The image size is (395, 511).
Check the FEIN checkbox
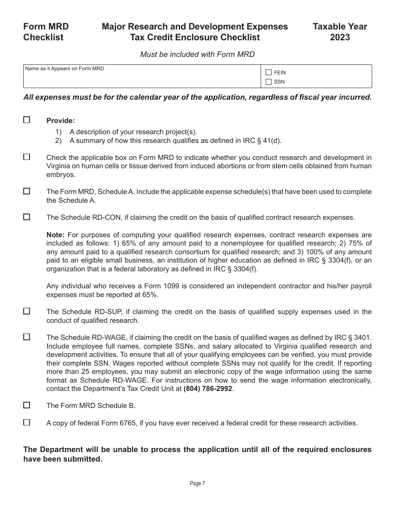(x=269, y=72)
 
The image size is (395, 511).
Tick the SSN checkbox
(x=269, y=82)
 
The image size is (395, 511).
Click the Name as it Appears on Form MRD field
(x=142, y=76)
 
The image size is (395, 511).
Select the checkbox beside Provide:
(x=27, y=120)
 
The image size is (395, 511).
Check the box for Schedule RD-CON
(x=27, y=217)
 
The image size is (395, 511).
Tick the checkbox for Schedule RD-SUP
(x=27, y=311)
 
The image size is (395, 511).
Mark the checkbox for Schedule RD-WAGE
(x=27, y=337)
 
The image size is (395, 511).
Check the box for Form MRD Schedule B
(x=27, y=405)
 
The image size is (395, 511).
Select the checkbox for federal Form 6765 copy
(x=27, y=423)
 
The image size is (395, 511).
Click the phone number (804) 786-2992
(x=207, y=389)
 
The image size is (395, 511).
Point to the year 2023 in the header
(x=340, y=37)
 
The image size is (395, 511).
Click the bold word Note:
(x=55, y=235)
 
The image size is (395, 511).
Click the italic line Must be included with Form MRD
(x=197, y=54)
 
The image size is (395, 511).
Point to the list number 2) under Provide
(x=59, y=140)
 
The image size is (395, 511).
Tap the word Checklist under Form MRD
(x=43, y=37)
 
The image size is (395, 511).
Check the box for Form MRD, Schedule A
(x=27, y=191)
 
